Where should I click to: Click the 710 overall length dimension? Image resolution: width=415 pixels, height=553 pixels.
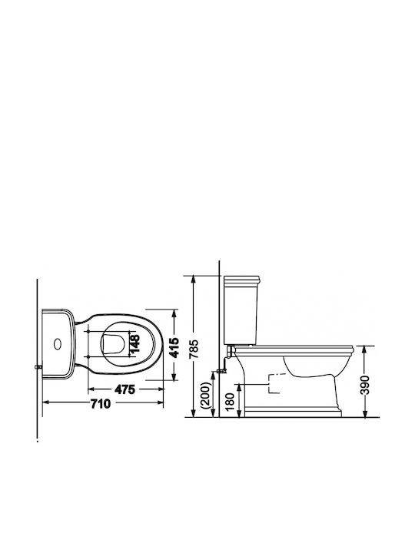(101, 403)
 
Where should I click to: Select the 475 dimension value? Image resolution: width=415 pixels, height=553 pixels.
(125, 389)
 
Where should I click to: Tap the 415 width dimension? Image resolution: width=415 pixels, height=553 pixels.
(174, 348)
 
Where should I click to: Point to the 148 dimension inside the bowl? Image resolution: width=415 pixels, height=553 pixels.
(134, 343)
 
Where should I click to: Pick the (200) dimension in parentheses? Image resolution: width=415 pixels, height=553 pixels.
(207, 396)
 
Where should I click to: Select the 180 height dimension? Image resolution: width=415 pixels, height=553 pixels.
(230, 402)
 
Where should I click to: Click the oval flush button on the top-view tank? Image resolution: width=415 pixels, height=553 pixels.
(57, 344)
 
